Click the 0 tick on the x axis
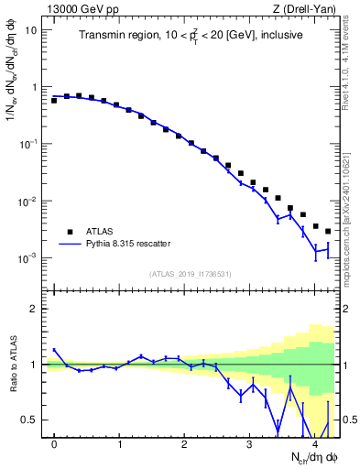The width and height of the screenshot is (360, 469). click(x=54, y=444)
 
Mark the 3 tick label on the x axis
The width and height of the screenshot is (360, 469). click(x=250, y=444)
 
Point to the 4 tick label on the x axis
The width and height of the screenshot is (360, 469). click(x=315, y=444)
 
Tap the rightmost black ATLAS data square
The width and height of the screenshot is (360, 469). click(x=328, y=232)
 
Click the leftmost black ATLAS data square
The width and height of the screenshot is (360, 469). click(x=54, y=101)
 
